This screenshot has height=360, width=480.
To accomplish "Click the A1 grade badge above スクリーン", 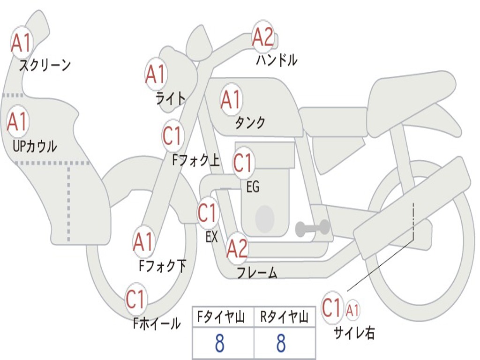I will (x=21, y=43).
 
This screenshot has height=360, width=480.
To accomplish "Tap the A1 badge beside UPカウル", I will (x=17, y=122).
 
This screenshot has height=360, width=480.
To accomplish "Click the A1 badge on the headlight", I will (x=156, y=74).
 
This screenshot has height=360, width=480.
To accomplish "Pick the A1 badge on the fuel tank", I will (x=231, y=99).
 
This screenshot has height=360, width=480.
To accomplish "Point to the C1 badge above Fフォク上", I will (x=172, y=136).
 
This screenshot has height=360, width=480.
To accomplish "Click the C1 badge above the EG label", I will (x=243, y=163).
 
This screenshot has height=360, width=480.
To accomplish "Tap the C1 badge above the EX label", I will (x=208, y=213).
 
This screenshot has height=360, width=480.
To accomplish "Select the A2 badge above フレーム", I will (x=237, y=248).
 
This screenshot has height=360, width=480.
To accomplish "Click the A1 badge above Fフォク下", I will (x=143, y=242).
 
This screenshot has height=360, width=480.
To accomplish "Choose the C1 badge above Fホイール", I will (x=136, y=299).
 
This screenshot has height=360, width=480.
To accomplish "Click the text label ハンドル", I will (x=277, y=60).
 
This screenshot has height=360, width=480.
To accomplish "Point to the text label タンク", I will (x=250, y=123).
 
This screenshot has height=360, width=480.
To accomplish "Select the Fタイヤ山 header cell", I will (x=223, y=318).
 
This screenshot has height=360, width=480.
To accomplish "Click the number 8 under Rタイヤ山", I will (x=281, y=344).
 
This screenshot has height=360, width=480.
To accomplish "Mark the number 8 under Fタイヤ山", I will (x=219, y=344).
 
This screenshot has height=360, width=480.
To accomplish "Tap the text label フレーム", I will (x=257, y=272).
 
